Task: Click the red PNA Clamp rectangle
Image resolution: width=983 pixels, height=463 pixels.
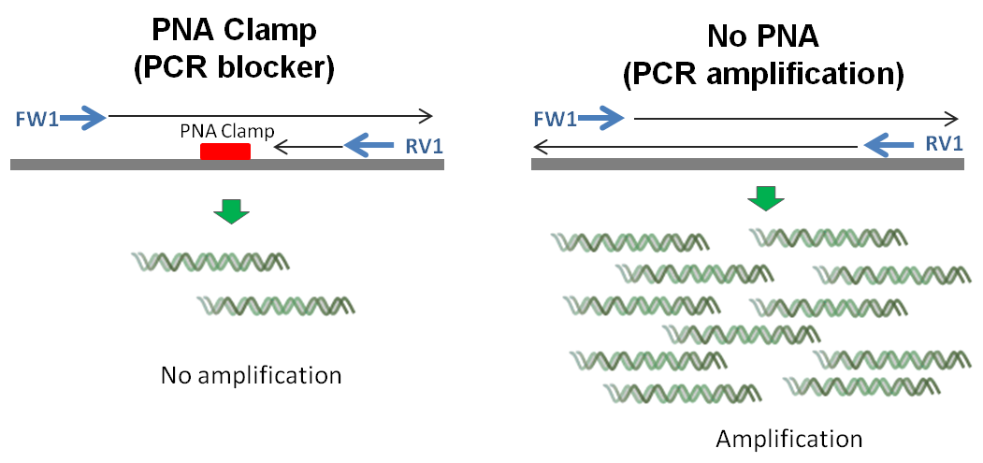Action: pyautogui.click(x=225, y=152)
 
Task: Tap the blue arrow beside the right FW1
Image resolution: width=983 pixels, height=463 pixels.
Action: pyautogui.click(x=601, y=117)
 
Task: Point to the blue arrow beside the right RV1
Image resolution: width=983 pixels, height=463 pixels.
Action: pyautogui.click(x=889, y=145)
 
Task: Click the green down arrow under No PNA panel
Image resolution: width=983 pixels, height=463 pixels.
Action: pyautogui.click(x=765, y=198)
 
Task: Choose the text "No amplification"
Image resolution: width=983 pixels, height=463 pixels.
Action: pyautogui.click(x=251, y=376)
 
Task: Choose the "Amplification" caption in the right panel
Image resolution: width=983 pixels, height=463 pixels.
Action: pyautogui.click(x=788, y=438)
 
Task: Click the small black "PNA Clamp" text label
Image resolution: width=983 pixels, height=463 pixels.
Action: pyautogui.click(x=227, y=132)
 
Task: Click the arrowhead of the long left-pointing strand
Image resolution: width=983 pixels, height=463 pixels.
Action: pyautogui.click(x=537, y=147)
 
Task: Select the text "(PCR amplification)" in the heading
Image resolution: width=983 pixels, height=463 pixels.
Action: pyautogui.click(x=763, y=75)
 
